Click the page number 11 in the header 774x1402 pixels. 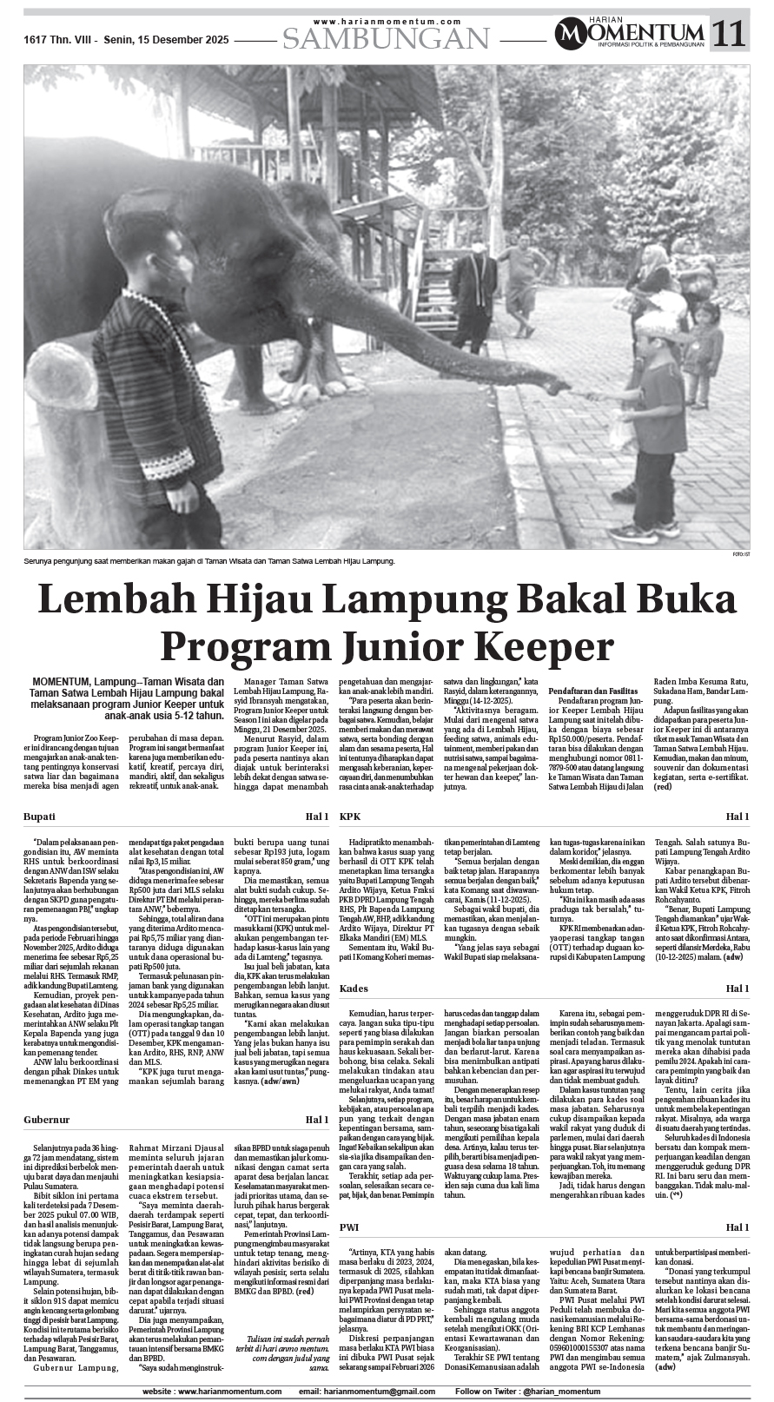pos(729,33)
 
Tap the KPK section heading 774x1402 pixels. pos(350,817)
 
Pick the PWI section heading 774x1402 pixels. pos(349,1227)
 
